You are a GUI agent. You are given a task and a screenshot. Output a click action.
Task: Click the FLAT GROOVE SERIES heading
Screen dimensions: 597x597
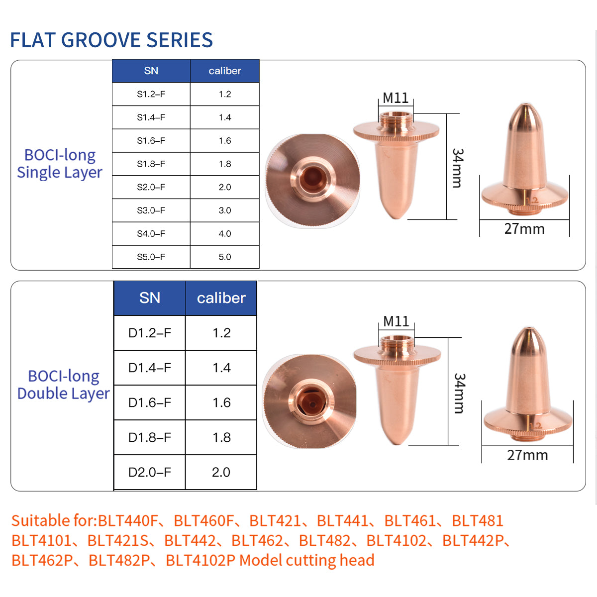pos(111,40)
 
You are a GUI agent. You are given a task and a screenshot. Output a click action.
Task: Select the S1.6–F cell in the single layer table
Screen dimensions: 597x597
pos(151,141)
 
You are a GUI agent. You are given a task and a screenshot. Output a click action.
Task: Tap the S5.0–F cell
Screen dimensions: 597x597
pos(151,257)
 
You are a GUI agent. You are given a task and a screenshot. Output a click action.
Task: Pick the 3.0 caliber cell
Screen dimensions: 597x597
pos(225,210)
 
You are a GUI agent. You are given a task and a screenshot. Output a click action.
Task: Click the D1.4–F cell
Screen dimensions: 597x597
pos(149,368)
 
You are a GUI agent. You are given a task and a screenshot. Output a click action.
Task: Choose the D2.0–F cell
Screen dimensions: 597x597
pos(149,472)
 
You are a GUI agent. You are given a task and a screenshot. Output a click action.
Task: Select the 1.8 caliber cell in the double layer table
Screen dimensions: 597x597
pos(221,437)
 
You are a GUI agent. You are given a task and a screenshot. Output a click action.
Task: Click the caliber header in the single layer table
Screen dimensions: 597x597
pos(225,71)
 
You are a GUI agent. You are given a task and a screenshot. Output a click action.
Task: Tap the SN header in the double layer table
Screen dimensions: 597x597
pos(149,298)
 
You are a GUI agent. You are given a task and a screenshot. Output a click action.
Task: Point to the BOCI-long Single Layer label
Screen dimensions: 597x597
pos(60,164)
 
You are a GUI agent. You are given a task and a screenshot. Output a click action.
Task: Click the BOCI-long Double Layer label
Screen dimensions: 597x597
pos(63,385)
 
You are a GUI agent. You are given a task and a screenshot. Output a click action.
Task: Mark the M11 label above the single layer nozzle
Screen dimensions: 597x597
pos(396,98)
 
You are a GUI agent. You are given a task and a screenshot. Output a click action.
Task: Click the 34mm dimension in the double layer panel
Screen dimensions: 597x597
pos(459,393)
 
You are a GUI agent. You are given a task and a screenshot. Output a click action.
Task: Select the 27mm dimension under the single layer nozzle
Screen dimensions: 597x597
pos(524,229)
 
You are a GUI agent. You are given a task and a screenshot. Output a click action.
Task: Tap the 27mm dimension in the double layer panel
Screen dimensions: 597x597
pos(527,455)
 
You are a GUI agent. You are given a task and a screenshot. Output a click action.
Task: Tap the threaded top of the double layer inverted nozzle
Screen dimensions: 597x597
pos(396,341)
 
